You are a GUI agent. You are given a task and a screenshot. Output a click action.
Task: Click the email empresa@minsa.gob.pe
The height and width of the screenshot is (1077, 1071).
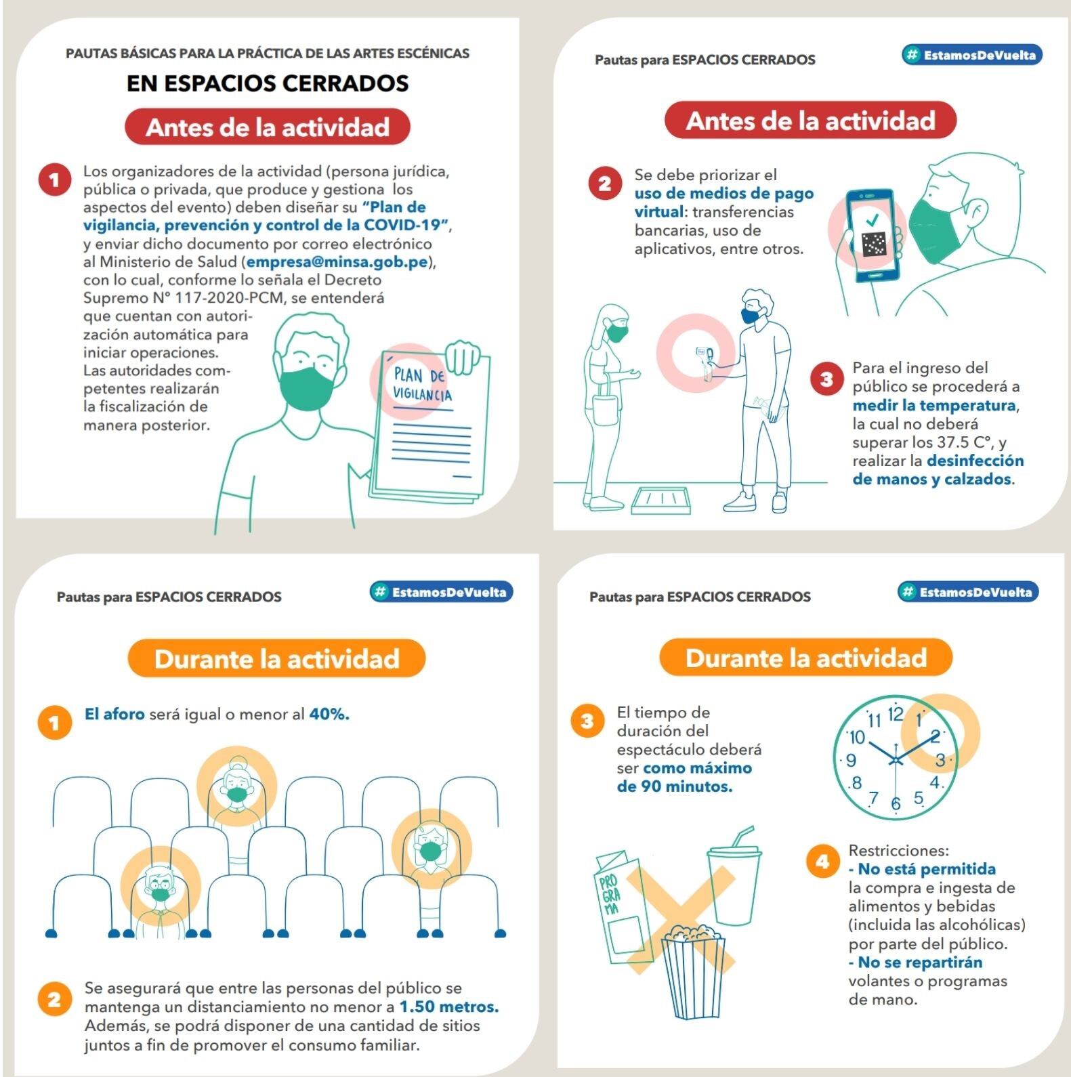click(x=337, y=262)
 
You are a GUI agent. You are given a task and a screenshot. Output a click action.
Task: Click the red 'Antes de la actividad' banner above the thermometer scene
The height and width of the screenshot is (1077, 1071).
click(x=810, y=121)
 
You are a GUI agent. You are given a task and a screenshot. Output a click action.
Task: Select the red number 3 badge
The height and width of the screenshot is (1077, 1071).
click(x=826, y=378)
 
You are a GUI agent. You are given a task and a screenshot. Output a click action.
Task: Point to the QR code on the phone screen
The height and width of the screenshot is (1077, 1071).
click(x=874, y=245)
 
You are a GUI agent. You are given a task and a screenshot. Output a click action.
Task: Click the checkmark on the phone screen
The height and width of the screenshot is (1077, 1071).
click(x=872, y=219)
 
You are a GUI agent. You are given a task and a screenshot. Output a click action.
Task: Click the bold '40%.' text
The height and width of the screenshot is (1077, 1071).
click(x=329, y=714)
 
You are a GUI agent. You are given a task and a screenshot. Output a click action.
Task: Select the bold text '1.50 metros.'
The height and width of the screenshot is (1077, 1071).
click(x=448, y=1007)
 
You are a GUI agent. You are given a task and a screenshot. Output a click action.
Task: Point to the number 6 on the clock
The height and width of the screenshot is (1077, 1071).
click(x=896, y=803)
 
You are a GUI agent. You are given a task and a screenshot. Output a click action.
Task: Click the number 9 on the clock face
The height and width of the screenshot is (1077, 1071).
click(x=852, y=760)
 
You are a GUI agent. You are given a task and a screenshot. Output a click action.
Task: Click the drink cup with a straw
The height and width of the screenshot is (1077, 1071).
click(x=734, y=881)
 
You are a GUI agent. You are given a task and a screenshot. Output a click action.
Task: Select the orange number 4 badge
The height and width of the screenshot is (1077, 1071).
click(x=822, y=861)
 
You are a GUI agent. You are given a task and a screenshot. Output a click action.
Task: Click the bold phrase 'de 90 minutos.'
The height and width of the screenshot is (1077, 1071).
click(x=675, y=786)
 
